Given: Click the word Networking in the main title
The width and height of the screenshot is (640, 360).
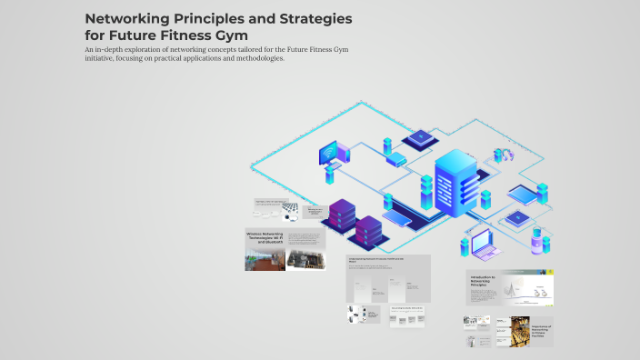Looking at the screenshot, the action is click(130, 18).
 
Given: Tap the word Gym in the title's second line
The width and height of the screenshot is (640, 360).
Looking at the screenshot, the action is click(230, 35).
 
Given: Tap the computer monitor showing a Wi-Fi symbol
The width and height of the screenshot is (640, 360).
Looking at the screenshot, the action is click(328, 152).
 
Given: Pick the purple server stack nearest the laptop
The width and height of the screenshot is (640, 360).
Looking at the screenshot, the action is click(369, 234).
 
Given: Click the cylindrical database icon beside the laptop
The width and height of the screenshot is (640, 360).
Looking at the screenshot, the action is click(536, 240).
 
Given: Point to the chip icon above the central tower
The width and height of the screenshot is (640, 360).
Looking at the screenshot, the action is click(420, 139).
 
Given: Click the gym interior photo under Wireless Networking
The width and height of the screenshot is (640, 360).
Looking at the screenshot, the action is click(265, 261).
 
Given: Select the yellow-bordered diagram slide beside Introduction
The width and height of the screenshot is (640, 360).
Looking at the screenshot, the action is click(528, 287).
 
